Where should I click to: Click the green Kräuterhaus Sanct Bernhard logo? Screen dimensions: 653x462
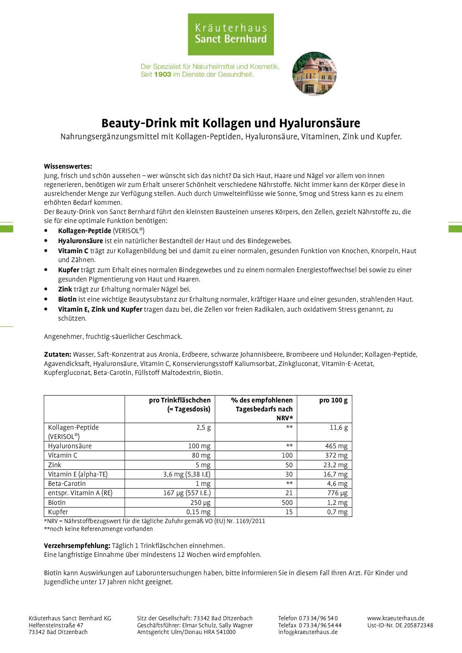(231, 34)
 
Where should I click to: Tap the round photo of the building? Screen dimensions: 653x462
(314, 74)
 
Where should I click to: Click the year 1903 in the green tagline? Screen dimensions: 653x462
(162, 74)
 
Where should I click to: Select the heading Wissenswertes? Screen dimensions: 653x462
(68, 166)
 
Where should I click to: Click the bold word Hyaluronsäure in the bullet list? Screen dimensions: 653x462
(80, 241)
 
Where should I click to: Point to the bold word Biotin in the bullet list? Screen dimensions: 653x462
(67, 299)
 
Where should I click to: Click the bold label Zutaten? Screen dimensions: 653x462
(57, 354)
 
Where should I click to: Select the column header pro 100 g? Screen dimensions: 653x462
(333, 400)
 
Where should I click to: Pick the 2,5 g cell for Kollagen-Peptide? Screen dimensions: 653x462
(203, 427)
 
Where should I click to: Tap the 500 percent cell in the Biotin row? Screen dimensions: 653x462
(287, 503)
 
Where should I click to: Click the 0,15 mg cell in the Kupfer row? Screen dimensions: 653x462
(198, 512)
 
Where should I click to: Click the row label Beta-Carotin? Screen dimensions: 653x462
(67, 484)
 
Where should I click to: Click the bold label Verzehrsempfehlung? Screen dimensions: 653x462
(77, 546)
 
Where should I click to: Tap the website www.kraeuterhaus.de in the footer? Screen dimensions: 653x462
(396, 618)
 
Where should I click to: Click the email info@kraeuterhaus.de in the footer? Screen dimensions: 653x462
(308, 632)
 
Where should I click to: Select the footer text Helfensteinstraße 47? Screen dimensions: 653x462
(56, 625)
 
